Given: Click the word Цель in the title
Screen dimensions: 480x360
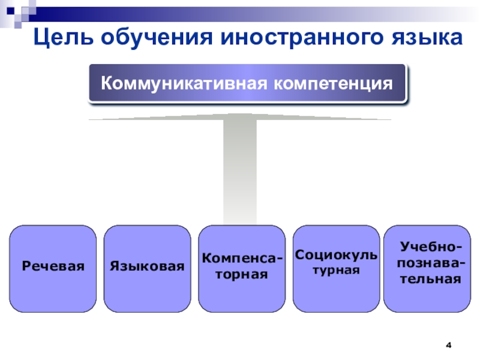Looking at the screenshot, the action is pos(61,38).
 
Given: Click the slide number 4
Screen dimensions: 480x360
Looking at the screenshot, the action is pos(448,346).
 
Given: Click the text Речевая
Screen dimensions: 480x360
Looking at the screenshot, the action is pos(53,265).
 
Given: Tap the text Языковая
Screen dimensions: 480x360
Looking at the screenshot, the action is pos(147,265).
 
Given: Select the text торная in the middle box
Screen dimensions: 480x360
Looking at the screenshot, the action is pos(241,274).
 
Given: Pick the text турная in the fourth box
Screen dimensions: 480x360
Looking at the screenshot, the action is pos(336,270).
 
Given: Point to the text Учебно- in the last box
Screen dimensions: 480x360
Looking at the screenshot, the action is pos(431,248).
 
